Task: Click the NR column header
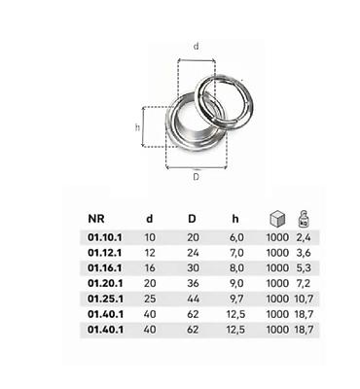pyautogui.click(x=96, y=219)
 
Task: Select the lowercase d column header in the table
pyautogui.click(x=149, y=219)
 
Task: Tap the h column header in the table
pyautogui.click(x=235, y=219)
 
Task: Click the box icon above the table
pyautogui.click(x=277, y=218)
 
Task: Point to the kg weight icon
pyautogui.click(x=304, y=219)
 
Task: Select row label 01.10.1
pyautogui.click(x=105, y=237)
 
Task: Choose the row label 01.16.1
pyautogui.click(x=105, y=268)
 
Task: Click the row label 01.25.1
pyautogui.click(x=105, y=299)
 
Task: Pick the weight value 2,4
pyautogui.click(x=304, y=237)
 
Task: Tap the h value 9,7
pyautogui.click(x=236, y=299)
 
